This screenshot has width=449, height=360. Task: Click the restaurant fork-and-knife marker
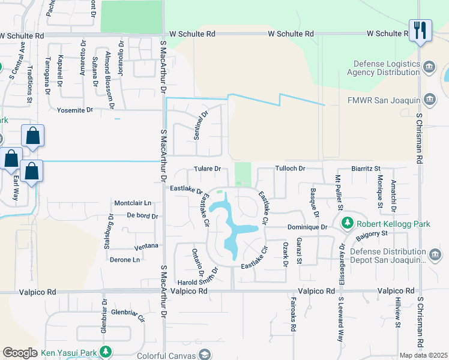(x=420, y=31)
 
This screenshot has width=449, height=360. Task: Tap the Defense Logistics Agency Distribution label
(x=385, y=68)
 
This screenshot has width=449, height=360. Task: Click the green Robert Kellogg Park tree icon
(x=347, y=224)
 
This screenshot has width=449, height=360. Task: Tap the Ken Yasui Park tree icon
(x=106, y=352)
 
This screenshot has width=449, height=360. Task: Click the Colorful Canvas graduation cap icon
(x=205, y=355)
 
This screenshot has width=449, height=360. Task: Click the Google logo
(x=20, y=353)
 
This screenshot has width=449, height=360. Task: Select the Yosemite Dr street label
(x=75, y=110)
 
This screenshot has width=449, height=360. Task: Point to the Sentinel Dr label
(x=200, y=125)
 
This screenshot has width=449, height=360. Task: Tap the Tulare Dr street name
(x=208, y=169)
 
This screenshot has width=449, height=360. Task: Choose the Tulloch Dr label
(x=291, y=169)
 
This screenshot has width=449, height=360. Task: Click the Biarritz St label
(x=366, y=169)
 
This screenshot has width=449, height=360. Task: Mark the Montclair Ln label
(x=132, y=203)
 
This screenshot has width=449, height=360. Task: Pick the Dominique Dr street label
(x=307, y=227)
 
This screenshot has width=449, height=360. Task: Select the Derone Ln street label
(x=125, y=260)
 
